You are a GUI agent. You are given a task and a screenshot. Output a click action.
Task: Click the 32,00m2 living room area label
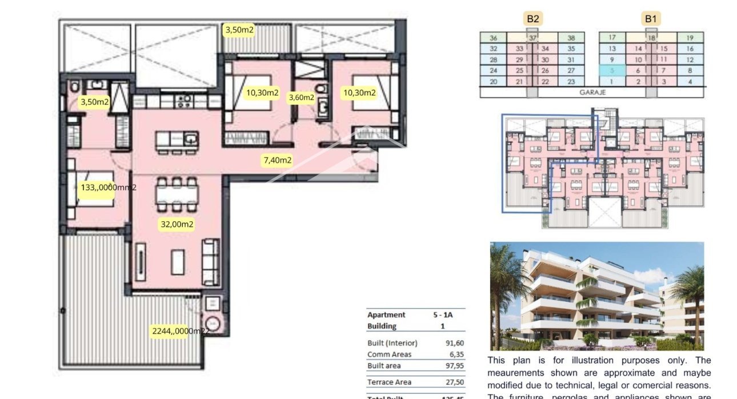click(x=177, y=225)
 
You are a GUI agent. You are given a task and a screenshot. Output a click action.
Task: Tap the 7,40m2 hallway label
click(x=277, y=161)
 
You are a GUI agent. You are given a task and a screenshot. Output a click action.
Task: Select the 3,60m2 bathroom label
click(x=301, y=97)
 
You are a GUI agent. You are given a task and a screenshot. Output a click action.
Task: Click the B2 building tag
click(x=532, y=19)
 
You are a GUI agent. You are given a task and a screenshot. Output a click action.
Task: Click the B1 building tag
click(x=651, y=19)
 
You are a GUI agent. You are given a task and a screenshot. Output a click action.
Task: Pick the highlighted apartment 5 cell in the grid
click(x=612, y=71)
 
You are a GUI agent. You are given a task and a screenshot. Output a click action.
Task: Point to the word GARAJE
click(x=592, y=92)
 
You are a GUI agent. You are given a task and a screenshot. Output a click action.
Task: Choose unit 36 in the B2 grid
click(x=494, y=38)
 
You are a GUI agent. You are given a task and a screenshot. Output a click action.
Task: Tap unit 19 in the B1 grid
click(x=690, y=38)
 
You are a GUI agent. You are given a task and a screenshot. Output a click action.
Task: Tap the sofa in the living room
click(x=210, y=256)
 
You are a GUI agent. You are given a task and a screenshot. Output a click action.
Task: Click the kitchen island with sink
click(x=177, y=139)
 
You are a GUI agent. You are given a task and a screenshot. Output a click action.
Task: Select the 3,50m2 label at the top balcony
click(x=239, y=30)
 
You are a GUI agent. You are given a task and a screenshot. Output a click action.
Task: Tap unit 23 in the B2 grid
click(x=571, y=82)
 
